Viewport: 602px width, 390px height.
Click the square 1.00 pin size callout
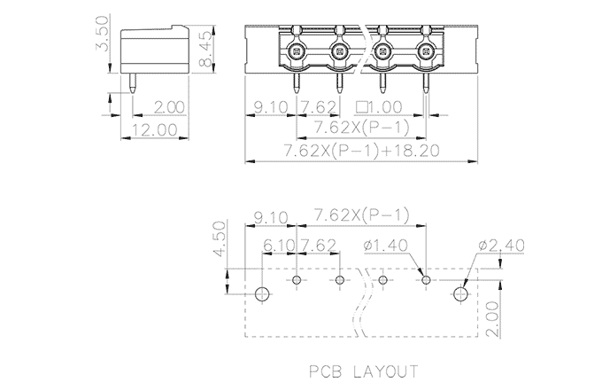point(378,107)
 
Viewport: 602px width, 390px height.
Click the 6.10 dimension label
point(280,245)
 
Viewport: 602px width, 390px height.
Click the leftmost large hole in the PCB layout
point(263,293)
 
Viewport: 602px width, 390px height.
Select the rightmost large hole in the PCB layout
point(460,293)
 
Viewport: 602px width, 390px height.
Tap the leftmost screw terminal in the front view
point(296,51)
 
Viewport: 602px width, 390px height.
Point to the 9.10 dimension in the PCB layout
point(270,216)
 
